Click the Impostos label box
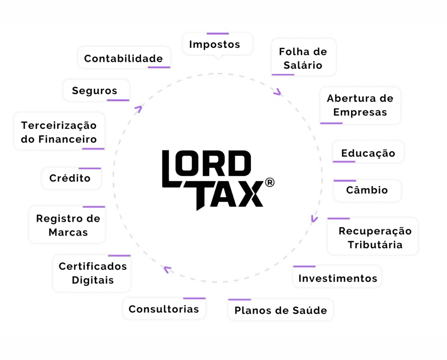click(x=217, y=44)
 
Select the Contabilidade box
click(x=124, y=58)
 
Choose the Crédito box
click(x=71, y=178)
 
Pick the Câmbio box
click(x=367, y=190)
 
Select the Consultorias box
click(x=164, y=309)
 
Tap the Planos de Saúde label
click(x=281, y=310)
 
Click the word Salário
click(x=303, y=65)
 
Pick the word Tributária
click(x=375, y=244)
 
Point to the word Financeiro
click(x=68, y=139)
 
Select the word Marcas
click(x=68, y=232)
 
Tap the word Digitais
click(x=93, y=280)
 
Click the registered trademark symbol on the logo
click(x=270, y=182)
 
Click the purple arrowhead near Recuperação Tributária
click(x=314, y=219)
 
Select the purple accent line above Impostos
click(x=218, y=34)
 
